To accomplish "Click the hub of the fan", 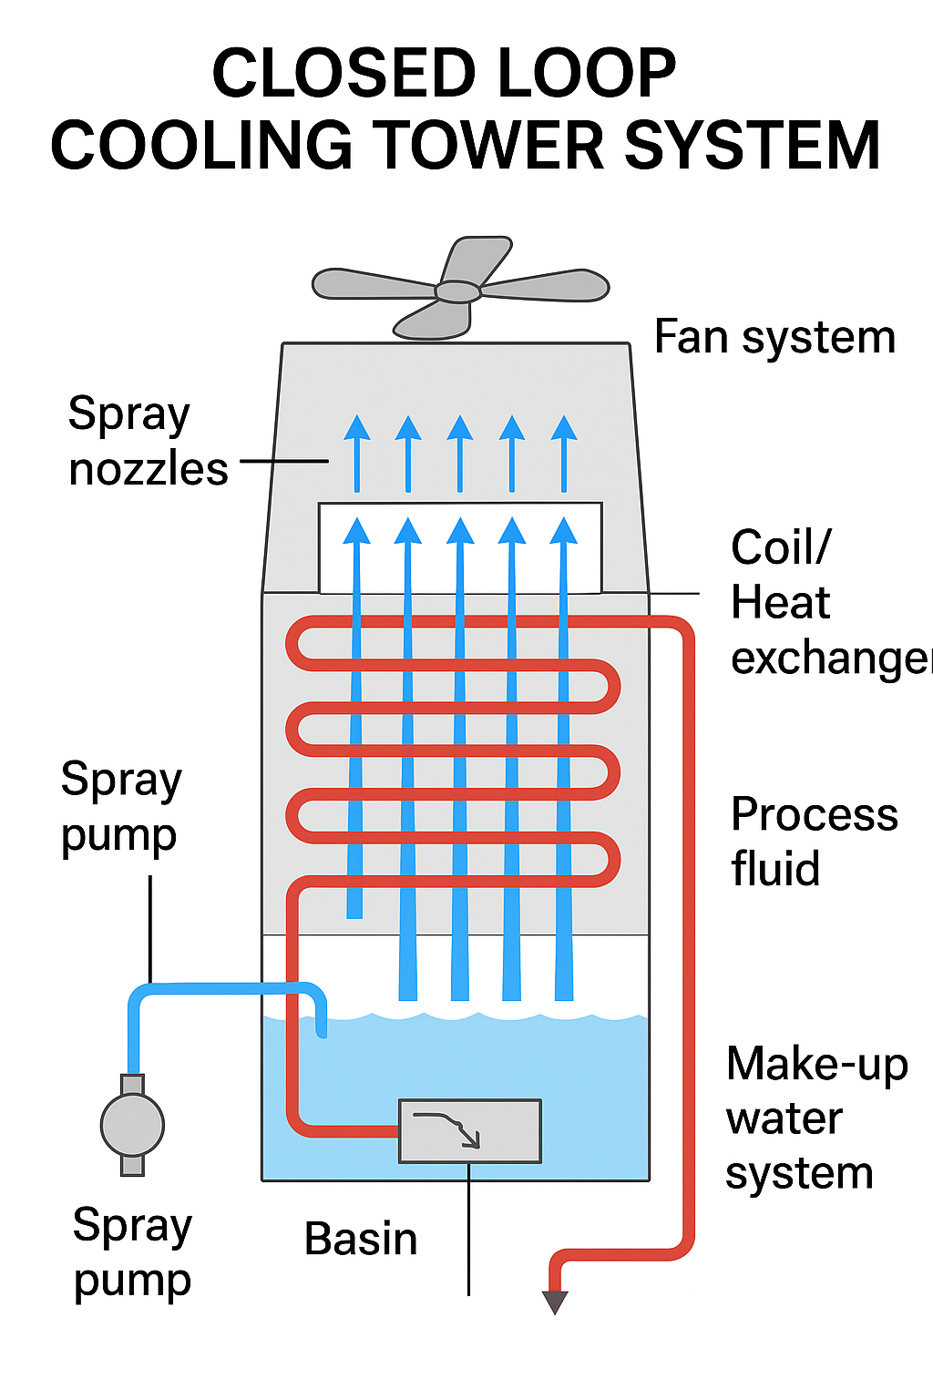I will click(x=457, y=291).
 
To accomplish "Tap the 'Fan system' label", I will click(x=774, y=338).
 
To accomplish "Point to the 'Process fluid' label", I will click(x=814, y=841).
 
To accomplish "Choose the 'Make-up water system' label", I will click(x=816, y=1118).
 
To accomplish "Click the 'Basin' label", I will click(x=361, y=1240).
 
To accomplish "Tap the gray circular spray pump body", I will click(x=132, y=1125).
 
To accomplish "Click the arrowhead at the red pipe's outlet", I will click(x=555, y=1302).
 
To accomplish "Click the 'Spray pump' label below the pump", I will click(x=132, y=1252).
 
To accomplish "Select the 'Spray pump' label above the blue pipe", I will click(x=121, y=807).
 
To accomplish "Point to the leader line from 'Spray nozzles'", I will click(x=284, y=461).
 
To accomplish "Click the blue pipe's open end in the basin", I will click(x=321, y=1032).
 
